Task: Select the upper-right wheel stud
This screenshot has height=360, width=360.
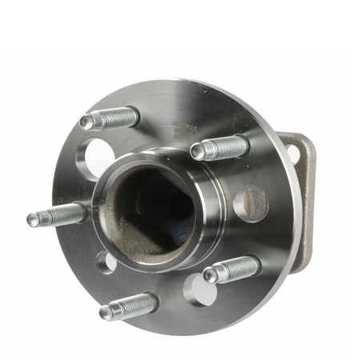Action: [x=221, y=149]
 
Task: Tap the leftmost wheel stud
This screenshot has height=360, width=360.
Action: [x=58, y=215]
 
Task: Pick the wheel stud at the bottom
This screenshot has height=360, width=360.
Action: [x=130, y=305]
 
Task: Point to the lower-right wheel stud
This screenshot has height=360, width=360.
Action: [x=232, y=269]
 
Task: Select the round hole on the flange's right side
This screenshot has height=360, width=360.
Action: [x=250, y=202]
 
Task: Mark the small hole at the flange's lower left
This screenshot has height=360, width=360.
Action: [x=106, y=262]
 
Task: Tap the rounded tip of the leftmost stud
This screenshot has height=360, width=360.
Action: [x=33, y=220]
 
